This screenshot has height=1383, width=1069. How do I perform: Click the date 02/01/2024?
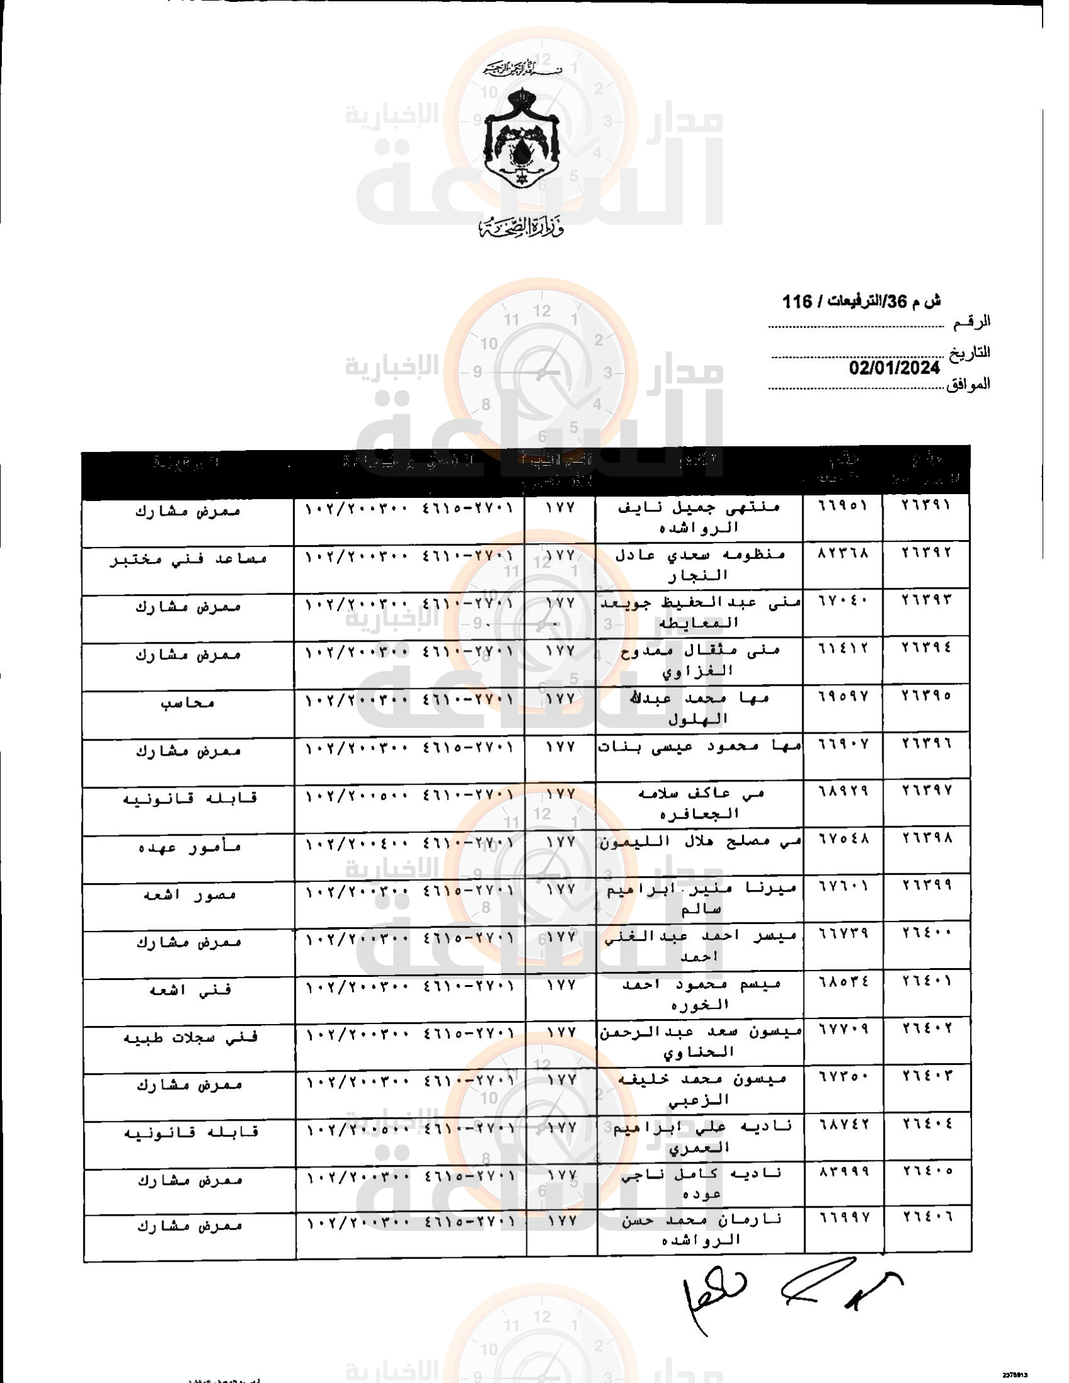point(894,368)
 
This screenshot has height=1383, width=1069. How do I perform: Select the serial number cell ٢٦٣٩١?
point(926,505)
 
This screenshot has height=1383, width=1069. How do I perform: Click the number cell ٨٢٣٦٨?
point(843,552)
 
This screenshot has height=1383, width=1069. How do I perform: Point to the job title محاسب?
point(188,703)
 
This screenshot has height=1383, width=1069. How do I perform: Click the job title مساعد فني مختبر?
point(188,559)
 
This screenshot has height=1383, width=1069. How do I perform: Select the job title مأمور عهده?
point(189,847)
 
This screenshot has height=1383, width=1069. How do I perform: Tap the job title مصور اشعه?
point(189,895)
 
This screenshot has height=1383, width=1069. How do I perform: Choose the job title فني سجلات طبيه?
point(190,1038)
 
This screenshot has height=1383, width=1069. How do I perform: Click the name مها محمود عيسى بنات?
point(699,747)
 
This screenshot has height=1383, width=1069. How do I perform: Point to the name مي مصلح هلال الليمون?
point(700,843)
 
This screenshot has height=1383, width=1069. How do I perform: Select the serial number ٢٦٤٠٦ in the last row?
point(926,1216)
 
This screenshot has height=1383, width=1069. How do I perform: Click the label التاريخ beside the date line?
point(969,353)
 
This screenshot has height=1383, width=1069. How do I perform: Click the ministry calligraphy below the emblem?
point(521,227)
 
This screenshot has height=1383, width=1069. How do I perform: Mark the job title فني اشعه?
point(189,990)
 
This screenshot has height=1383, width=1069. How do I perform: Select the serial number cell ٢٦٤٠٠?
point(926,934)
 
